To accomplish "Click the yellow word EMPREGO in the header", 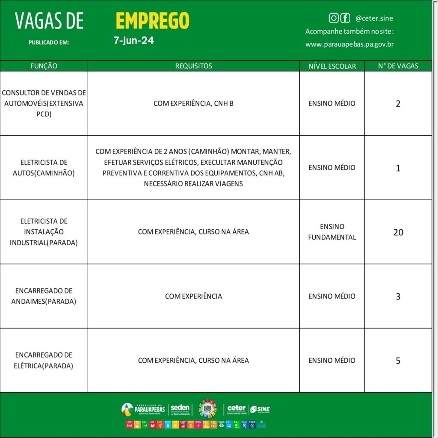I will [152, 21].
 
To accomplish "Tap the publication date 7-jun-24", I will [133, 41].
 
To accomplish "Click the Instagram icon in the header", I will [334, 18].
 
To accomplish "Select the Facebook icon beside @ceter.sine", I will [345, 18].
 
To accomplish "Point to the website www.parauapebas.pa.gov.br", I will [349, 44].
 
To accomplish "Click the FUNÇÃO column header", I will [44, 66].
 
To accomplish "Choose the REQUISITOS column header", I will [193, 66].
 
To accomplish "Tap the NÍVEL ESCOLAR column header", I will [332, 66].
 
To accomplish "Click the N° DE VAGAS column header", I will [398, 66].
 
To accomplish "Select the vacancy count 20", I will [398, 232].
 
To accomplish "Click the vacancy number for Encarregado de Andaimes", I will [398, 296].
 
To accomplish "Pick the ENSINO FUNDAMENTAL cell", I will [332, 232].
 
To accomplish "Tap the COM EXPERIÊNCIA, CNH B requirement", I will [193, 104].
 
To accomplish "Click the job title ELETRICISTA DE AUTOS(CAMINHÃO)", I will [44, 168].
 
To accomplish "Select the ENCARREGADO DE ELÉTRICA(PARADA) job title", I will [44, 360].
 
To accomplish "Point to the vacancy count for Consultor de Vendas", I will [398, 104].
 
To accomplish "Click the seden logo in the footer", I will [180, 409].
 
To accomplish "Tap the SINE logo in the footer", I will [260, 409].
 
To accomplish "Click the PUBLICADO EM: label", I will [49, 42].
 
